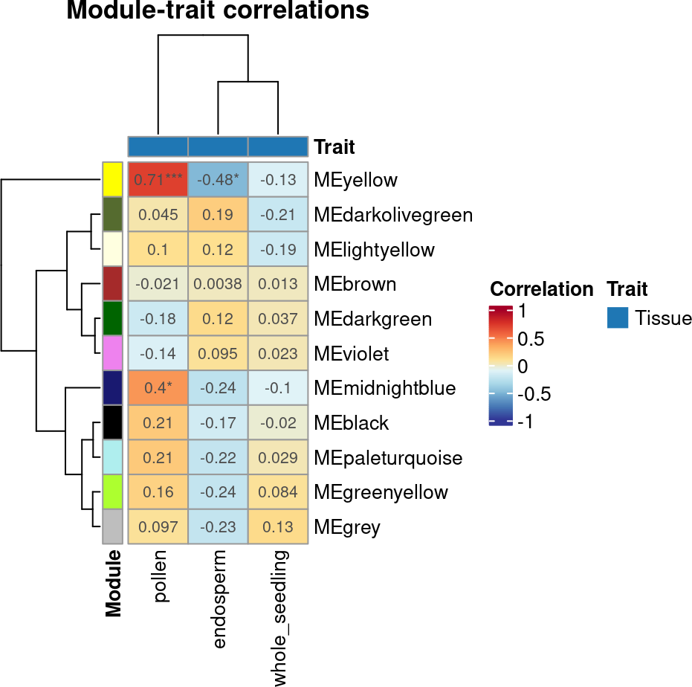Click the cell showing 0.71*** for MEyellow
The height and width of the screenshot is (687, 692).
click(158, 180)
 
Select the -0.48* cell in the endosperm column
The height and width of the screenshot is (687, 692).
click(218, 180)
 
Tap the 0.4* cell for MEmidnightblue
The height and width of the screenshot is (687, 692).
click(158, 388)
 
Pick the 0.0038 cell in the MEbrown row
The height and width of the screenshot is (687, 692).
click(218, 284)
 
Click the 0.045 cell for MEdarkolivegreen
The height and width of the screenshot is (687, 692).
click(158, 215)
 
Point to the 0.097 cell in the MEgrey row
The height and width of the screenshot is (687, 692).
click(158, 527)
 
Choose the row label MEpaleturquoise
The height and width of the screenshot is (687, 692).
click(388, 458)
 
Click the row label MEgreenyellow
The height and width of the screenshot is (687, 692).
click(381, 492)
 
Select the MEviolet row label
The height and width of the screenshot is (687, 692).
click(352, 354)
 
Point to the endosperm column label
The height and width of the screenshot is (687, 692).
click(219, 599)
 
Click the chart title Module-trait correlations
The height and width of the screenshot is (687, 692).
click(218, 11)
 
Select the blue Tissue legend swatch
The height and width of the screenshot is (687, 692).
click(618, 318)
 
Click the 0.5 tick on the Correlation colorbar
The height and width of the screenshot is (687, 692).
click(531, 339)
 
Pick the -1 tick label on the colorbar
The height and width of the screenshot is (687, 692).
click(526, 422)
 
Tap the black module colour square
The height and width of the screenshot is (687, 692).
click(112, 423)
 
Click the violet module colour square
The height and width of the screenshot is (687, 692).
click(112, 354)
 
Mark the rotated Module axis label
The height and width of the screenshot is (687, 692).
click(113, 584)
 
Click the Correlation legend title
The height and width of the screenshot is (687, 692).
click(541, 289)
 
